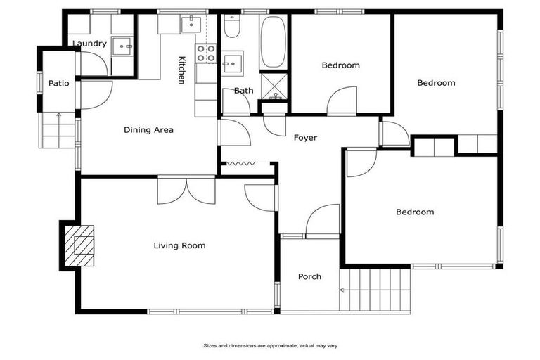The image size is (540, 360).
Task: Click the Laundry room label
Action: tap(89, 44)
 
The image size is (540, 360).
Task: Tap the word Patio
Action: tap(58, 83)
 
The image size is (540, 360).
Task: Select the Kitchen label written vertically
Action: tap(181, 70)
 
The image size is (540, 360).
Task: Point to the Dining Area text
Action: tap(148, 129)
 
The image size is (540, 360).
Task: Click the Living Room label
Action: tap(179, 245)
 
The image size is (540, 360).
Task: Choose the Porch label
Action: tap(309, 276)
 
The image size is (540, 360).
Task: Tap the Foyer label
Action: tap(305, 138)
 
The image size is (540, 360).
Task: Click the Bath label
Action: tap(243, 90)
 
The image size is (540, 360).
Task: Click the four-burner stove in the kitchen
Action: tap(205, 52)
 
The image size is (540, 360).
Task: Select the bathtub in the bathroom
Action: tap(273, 41)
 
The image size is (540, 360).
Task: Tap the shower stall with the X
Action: tap(273, 85)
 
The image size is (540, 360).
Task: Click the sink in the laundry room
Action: tap(124, 46)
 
